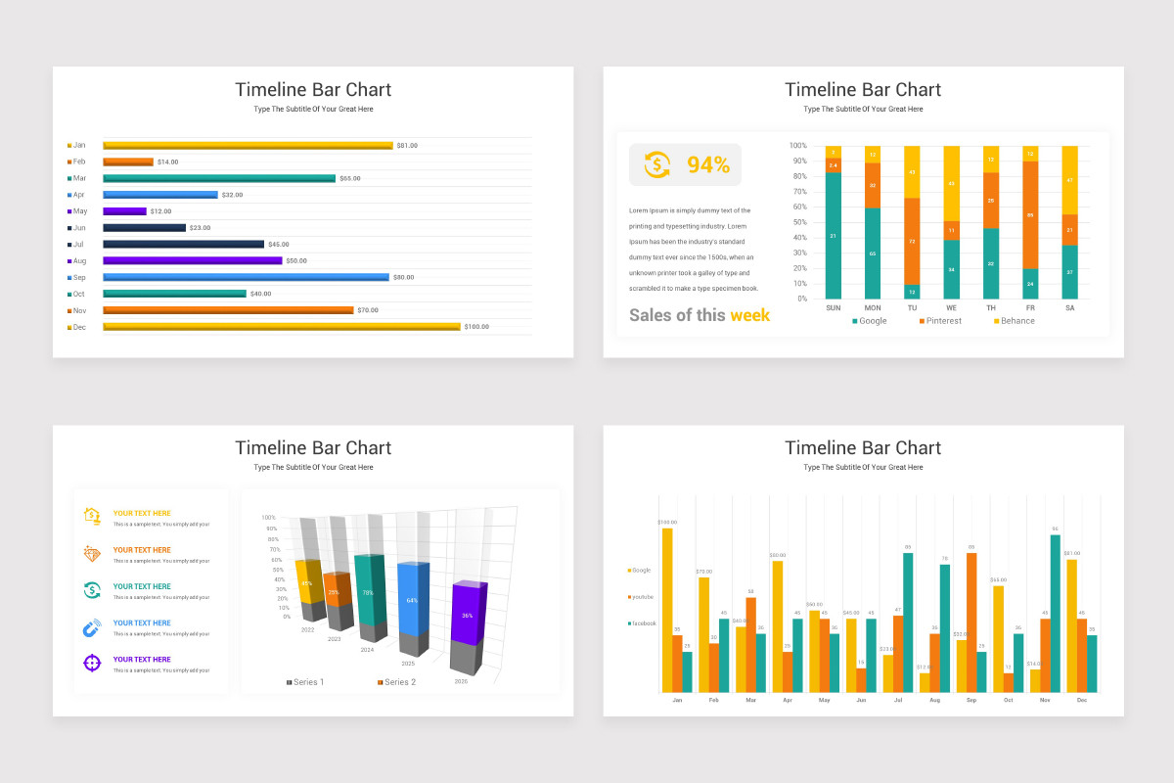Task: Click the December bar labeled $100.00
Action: click(282, 327)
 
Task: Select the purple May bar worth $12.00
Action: click(125, 211)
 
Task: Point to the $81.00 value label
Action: click(407, 145)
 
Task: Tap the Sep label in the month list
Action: click(78, 277)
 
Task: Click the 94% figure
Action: click(708, 165)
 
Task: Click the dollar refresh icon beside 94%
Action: click(657, 164)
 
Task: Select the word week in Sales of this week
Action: click(749, 315)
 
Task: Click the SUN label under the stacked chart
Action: click(833, 307)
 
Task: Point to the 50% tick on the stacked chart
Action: click(798, 222)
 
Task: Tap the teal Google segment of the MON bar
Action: click(872, 254)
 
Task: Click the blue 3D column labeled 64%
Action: click(412, 599)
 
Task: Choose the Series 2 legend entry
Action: click(396, 682)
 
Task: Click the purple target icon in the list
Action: click(92, 664)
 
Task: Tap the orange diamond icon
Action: click(92, 554)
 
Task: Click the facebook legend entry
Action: click(643, 623)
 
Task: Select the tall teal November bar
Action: click(1056, 614)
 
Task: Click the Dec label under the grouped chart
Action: click(1081, 701)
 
